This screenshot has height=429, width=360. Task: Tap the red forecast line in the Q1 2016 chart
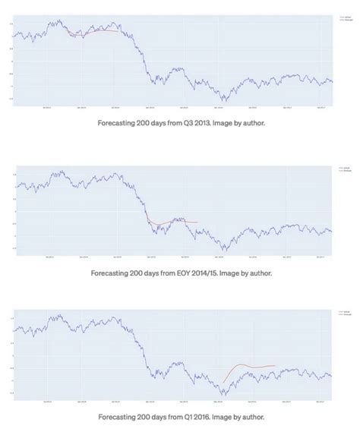click(251, 366)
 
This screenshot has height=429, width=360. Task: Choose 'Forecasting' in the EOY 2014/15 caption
click(115, 272)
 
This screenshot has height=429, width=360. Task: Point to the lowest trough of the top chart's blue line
click(223, 99)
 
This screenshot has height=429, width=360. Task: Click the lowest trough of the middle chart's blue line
click(223, 250)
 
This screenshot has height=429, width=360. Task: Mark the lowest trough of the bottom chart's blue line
click(223, 395)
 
